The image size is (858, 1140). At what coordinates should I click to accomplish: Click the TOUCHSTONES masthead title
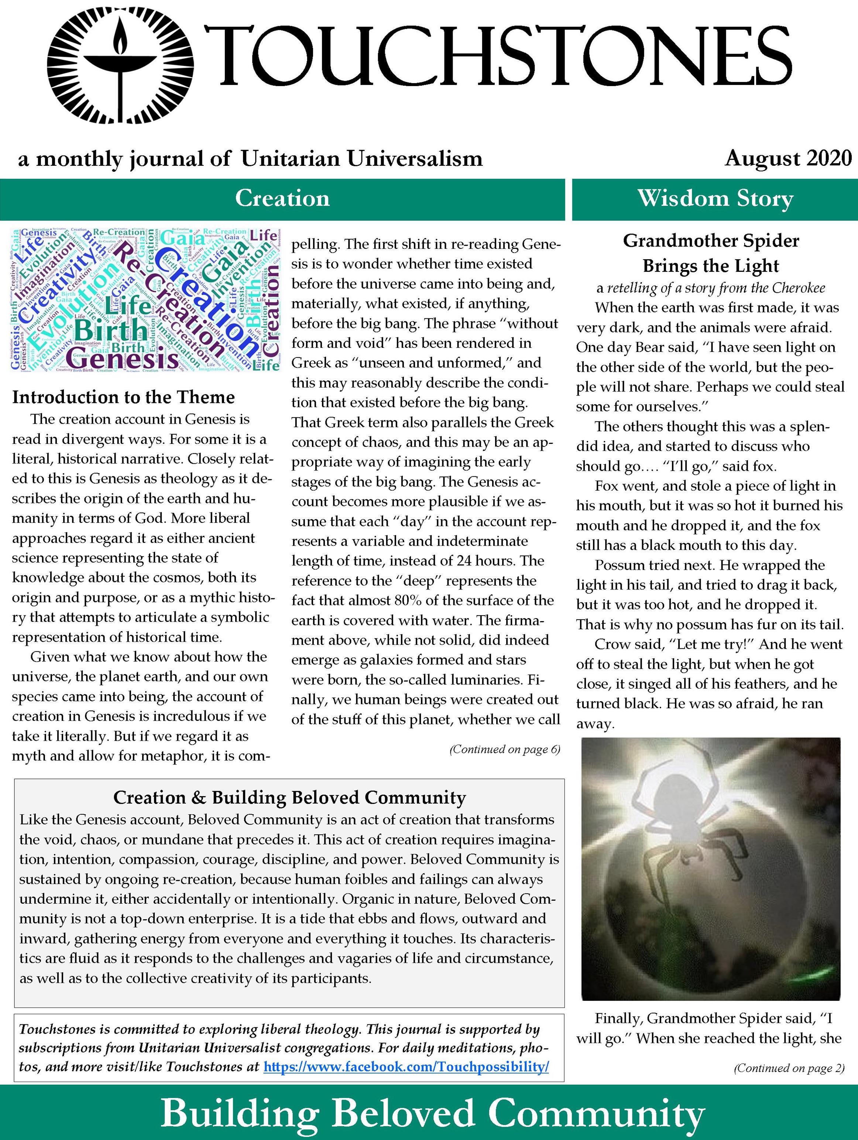click(497, 56)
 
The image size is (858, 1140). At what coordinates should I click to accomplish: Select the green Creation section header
click(282, 198)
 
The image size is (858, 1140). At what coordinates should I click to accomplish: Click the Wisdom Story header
click(715, 198)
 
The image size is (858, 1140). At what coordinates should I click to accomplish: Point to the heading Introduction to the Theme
click(123, 397)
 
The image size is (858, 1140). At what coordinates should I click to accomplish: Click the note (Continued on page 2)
click(789, 1068)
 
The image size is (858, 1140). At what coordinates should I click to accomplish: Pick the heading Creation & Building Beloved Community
click(289, 797)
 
